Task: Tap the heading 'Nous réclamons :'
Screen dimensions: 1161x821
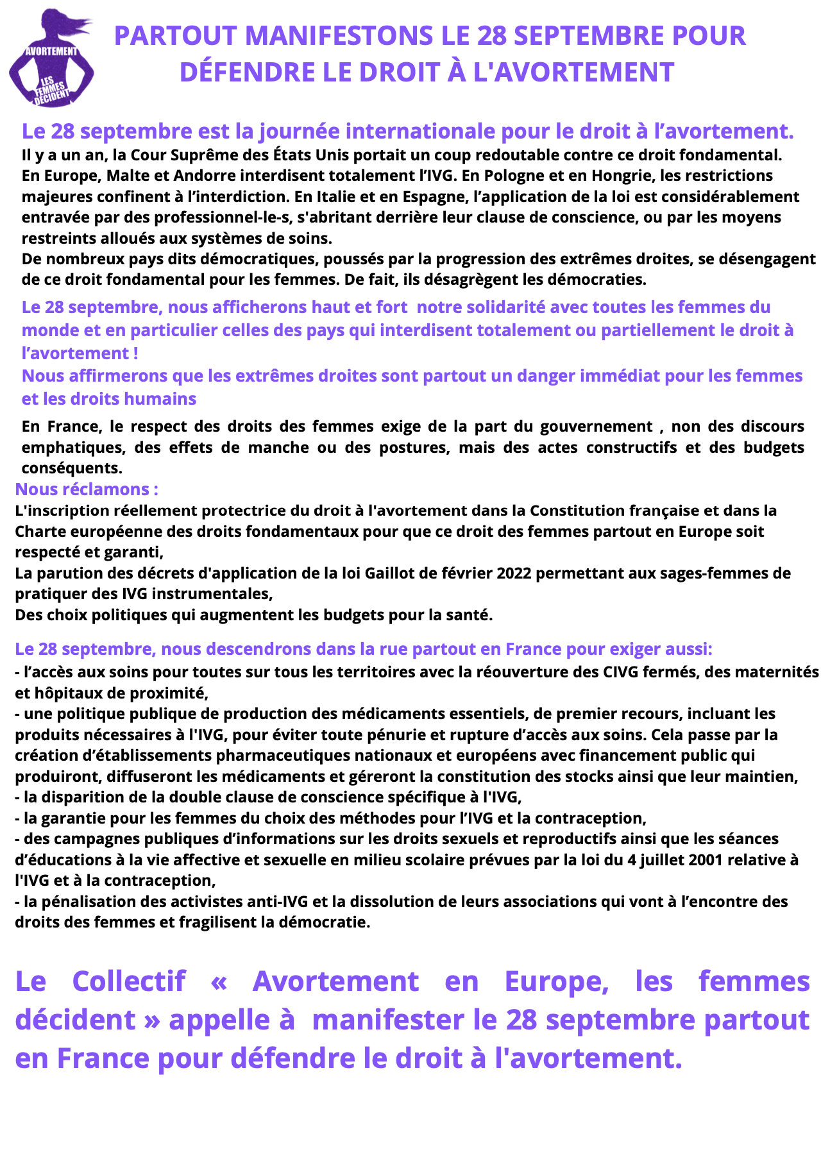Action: pyautogui.click(x=87, y=489)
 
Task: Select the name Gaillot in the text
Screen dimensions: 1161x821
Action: pyautogui.click(x=388, y=573)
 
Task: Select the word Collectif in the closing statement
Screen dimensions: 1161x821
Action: pyautogui.click(x=128, y=981)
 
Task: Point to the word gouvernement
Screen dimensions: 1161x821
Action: pyautogui.click(x=597, y=427)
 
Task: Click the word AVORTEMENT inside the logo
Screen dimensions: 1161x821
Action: pyautogui.click(x=51, y=51)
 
